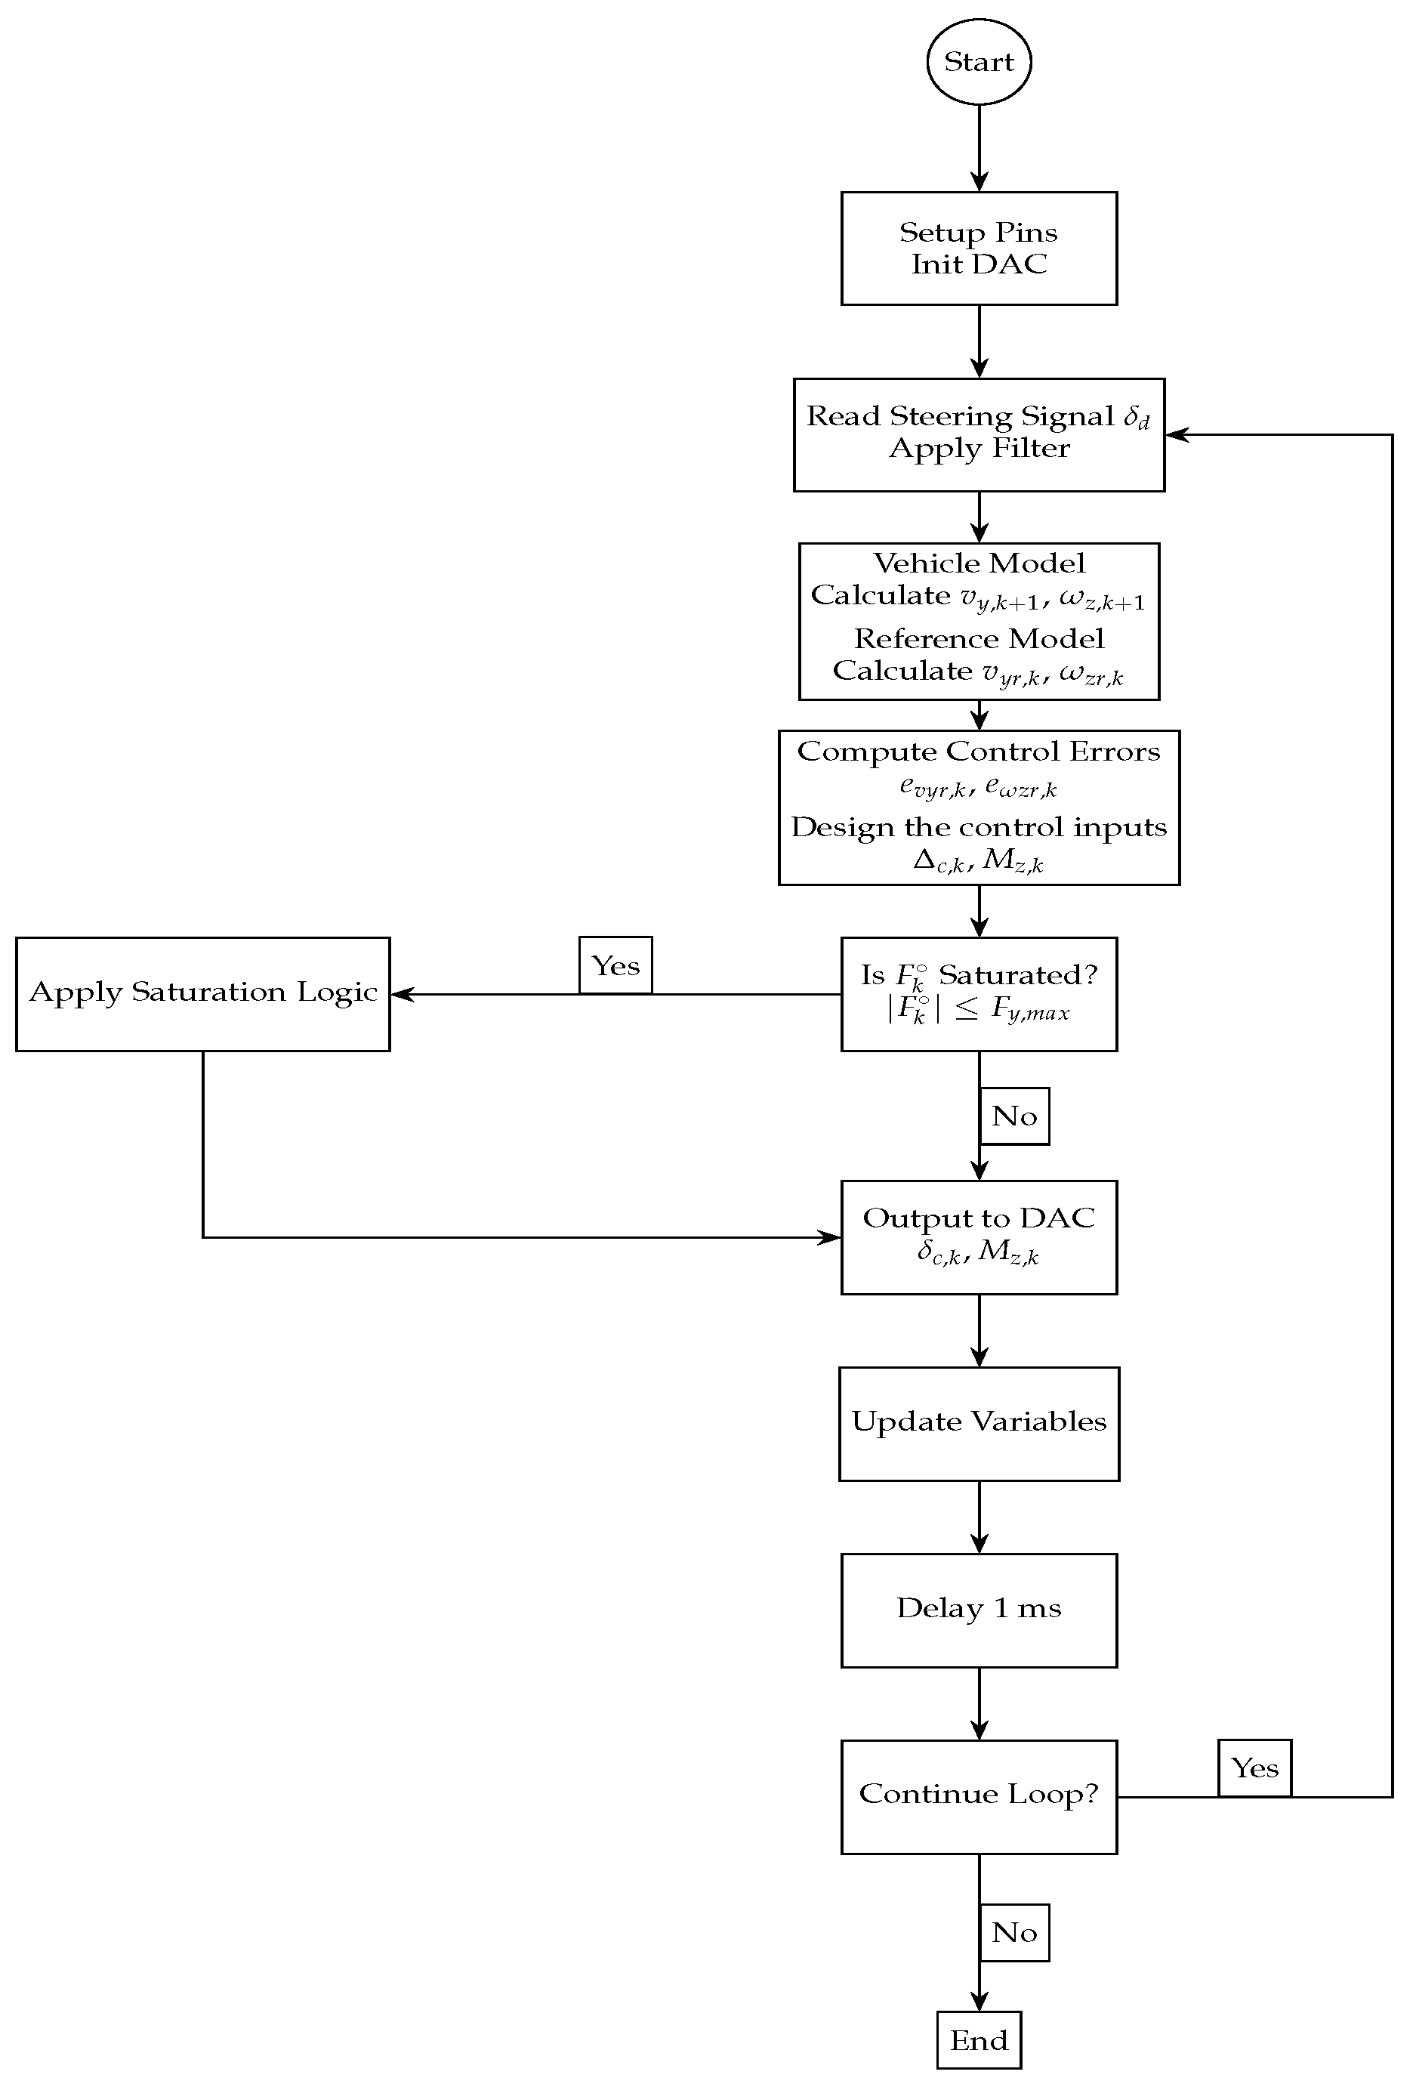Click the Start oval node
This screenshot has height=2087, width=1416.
coord(978,62)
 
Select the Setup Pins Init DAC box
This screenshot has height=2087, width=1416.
coord(978,248)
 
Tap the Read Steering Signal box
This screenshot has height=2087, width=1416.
coord(978,434)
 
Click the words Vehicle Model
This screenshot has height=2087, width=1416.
coord(978,563)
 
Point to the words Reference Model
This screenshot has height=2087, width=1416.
coord(978,638)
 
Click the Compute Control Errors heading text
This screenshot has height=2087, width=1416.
coord(978,752)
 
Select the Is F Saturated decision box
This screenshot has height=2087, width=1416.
coord(978,993)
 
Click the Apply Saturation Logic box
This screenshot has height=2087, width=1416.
coord(203,993)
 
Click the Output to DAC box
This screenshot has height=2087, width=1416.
coord(978,1236)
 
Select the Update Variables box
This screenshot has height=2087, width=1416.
coord(978,1422)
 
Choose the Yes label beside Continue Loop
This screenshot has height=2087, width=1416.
coord(1254,1768)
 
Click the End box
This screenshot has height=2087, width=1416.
coord(978,2040)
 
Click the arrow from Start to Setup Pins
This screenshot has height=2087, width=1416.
coord(979,148)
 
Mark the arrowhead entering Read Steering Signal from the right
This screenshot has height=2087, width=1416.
coord(1177,434)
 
